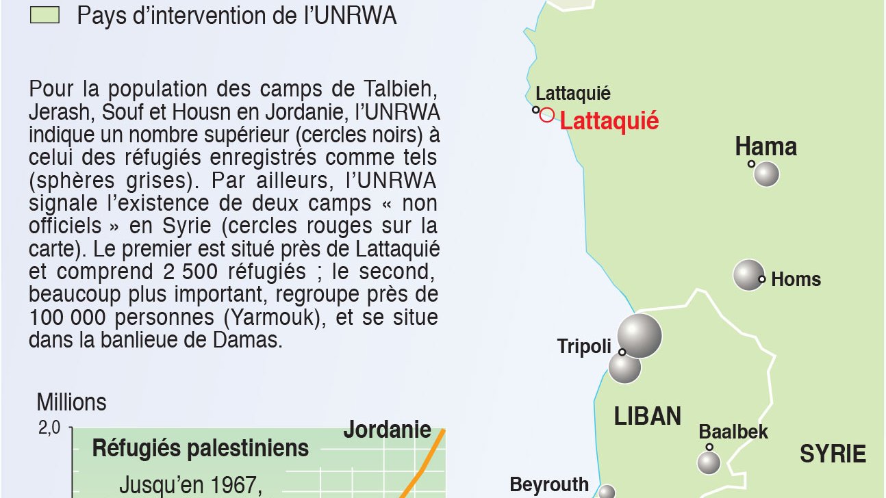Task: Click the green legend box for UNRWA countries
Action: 45,15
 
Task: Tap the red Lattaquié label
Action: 609,122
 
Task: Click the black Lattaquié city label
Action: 572,94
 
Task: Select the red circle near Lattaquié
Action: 546,115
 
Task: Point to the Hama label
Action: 765,146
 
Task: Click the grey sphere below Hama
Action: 766,174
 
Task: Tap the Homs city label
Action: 796,279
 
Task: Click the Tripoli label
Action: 583,346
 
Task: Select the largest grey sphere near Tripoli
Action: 640,335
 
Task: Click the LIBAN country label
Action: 647,416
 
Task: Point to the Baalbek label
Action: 733,432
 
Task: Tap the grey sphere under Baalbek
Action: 709,462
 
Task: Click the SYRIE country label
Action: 833,454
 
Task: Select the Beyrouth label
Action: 549,485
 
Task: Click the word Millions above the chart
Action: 71,402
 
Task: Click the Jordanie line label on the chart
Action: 387,430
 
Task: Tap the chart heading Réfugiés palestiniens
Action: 200,449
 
